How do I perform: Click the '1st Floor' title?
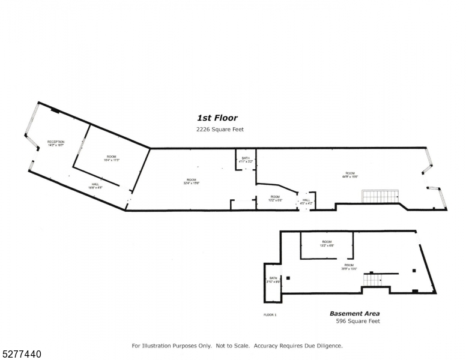(x=217, y=118)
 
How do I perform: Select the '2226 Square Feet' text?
(x=220, y=130)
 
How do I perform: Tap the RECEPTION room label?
(x=56, y=143)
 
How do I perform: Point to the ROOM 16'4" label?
(x=112, y=158)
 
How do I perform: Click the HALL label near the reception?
(x=95, y=186)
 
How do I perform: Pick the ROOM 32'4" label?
(x=191, y=182)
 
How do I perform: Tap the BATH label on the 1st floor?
(x=245, y=160)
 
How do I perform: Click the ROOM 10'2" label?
(x=275, y=198)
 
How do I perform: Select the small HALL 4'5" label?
(x=306, y=202)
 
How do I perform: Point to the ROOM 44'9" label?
(x=350, y=175)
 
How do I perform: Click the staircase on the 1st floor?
(x=381, y=196)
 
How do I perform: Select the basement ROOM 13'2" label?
(x=327, y=244)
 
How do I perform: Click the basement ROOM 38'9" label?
(x=349, y=267)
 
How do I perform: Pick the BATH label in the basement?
(x=273, y=280)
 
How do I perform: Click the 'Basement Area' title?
(x=354, y=313)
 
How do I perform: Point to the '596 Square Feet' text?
(x=357, y=322)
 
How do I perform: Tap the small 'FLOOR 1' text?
(x=270, y=315)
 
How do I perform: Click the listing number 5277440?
(x=22, y=355)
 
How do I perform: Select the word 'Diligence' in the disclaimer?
(x=328, y=346)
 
